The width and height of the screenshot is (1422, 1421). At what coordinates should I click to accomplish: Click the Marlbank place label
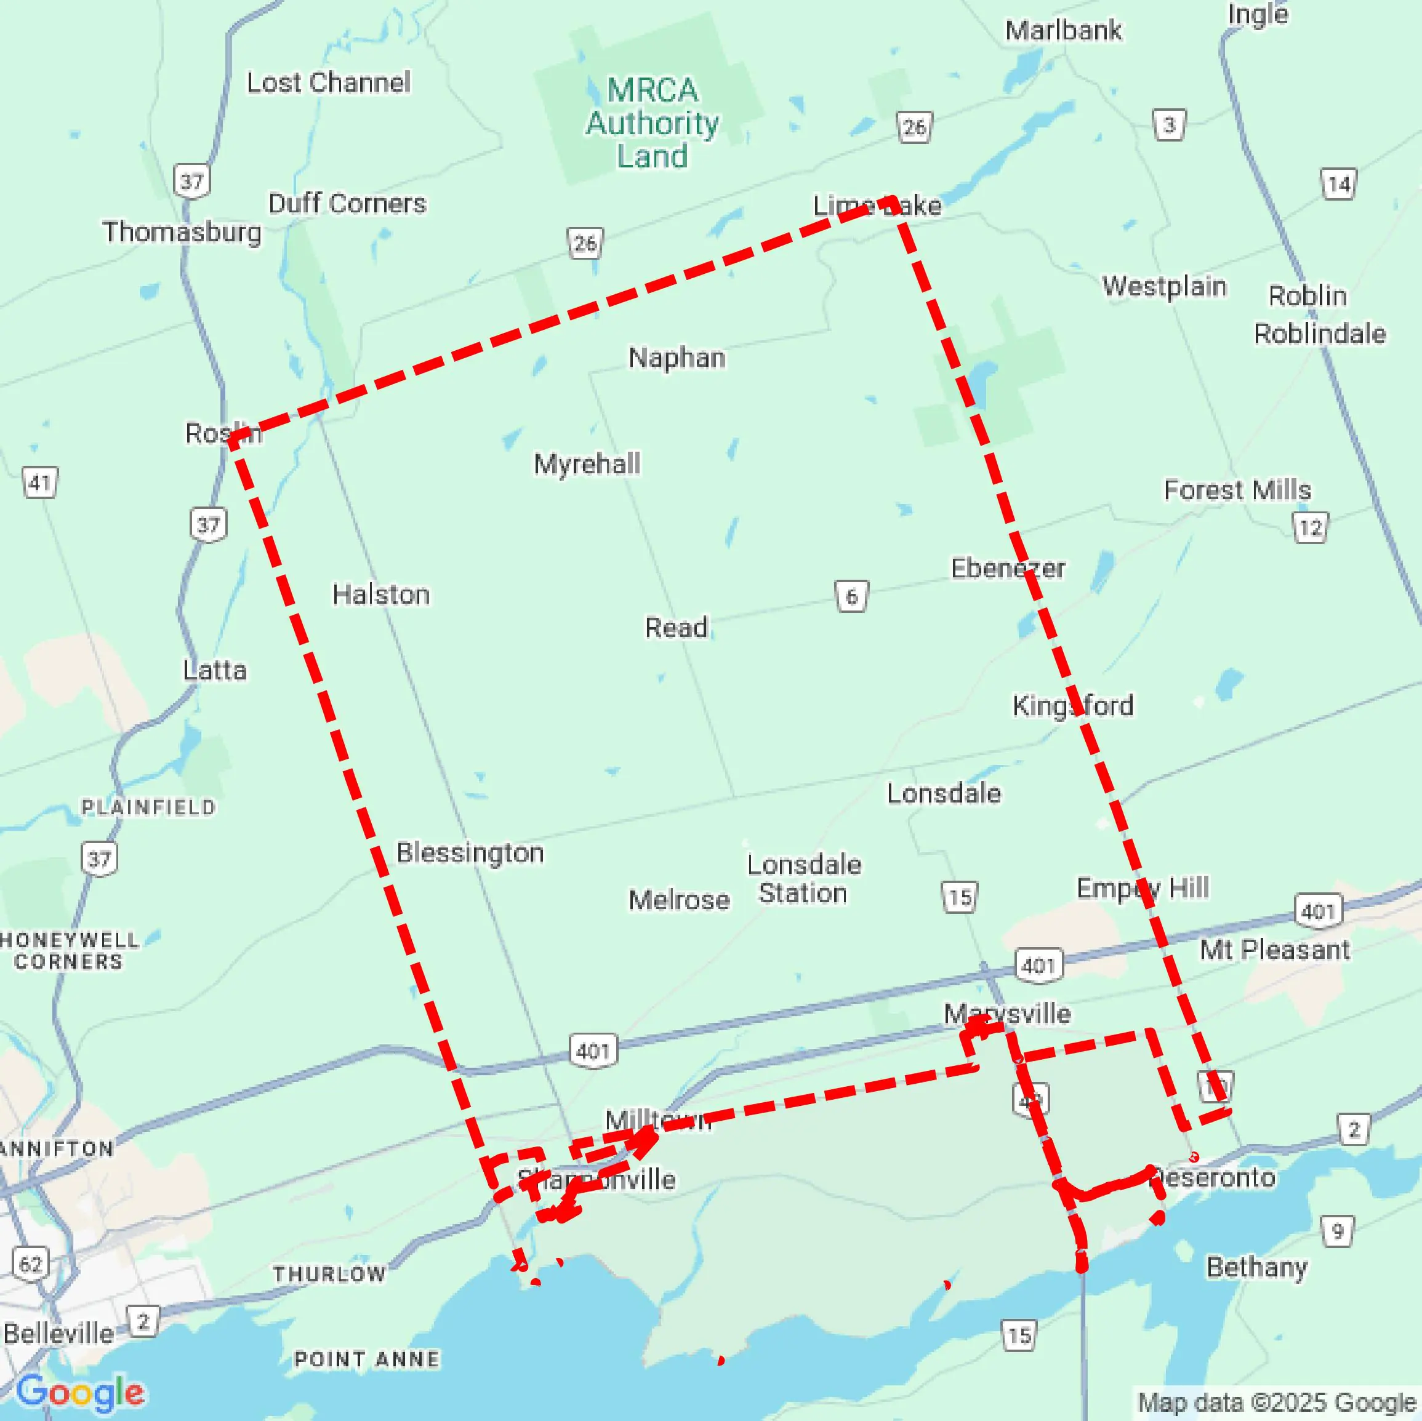(x=1063, y=31)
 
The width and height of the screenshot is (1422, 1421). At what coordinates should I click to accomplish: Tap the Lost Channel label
(x=328, y=82)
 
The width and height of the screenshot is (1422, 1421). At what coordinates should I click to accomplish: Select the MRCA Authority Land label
(x=652, y=123)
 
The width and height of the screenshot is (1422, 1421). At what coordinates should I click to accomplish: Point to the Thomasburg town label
(x=182, y=232)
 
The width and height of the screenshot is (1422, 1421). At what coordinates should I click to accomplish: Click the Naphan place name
(x=677, y=358)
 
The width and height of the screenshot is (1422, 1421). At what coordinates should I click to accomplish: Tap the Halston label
(x=380, y=594)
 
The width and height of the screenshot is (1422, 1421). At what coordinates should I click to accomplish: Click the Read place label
(x=676, y=627)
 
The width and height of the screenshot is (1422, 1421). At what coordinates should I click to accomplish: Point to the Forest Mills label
(x=1237, y=489)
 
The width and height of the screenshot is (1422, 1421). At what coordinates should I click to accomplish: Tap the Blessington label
(x=470, y=852)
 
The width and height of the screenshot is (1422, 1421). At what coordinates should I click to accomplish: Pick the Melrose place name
(x=678, y=899)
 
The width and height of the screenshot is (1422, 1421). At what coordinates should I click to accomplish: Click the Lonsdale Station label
(x=804, y=878)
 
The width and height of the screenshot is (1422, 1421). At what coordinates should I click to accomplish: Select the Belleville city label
(x=58, y=1333)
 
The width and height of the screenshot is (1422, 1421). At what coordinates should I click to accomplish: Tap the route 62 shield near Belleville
(x=31, y=1263)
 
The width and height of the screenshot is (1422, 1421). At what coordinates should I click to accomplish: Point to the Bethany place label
(x=1256, y=1267)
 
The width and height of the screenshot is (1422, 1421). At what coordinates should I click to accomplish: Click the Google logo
(x=79, y=1391)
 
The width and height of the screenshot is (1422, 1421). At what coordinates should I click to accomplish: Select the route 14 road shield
(x=1338, y=184)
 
